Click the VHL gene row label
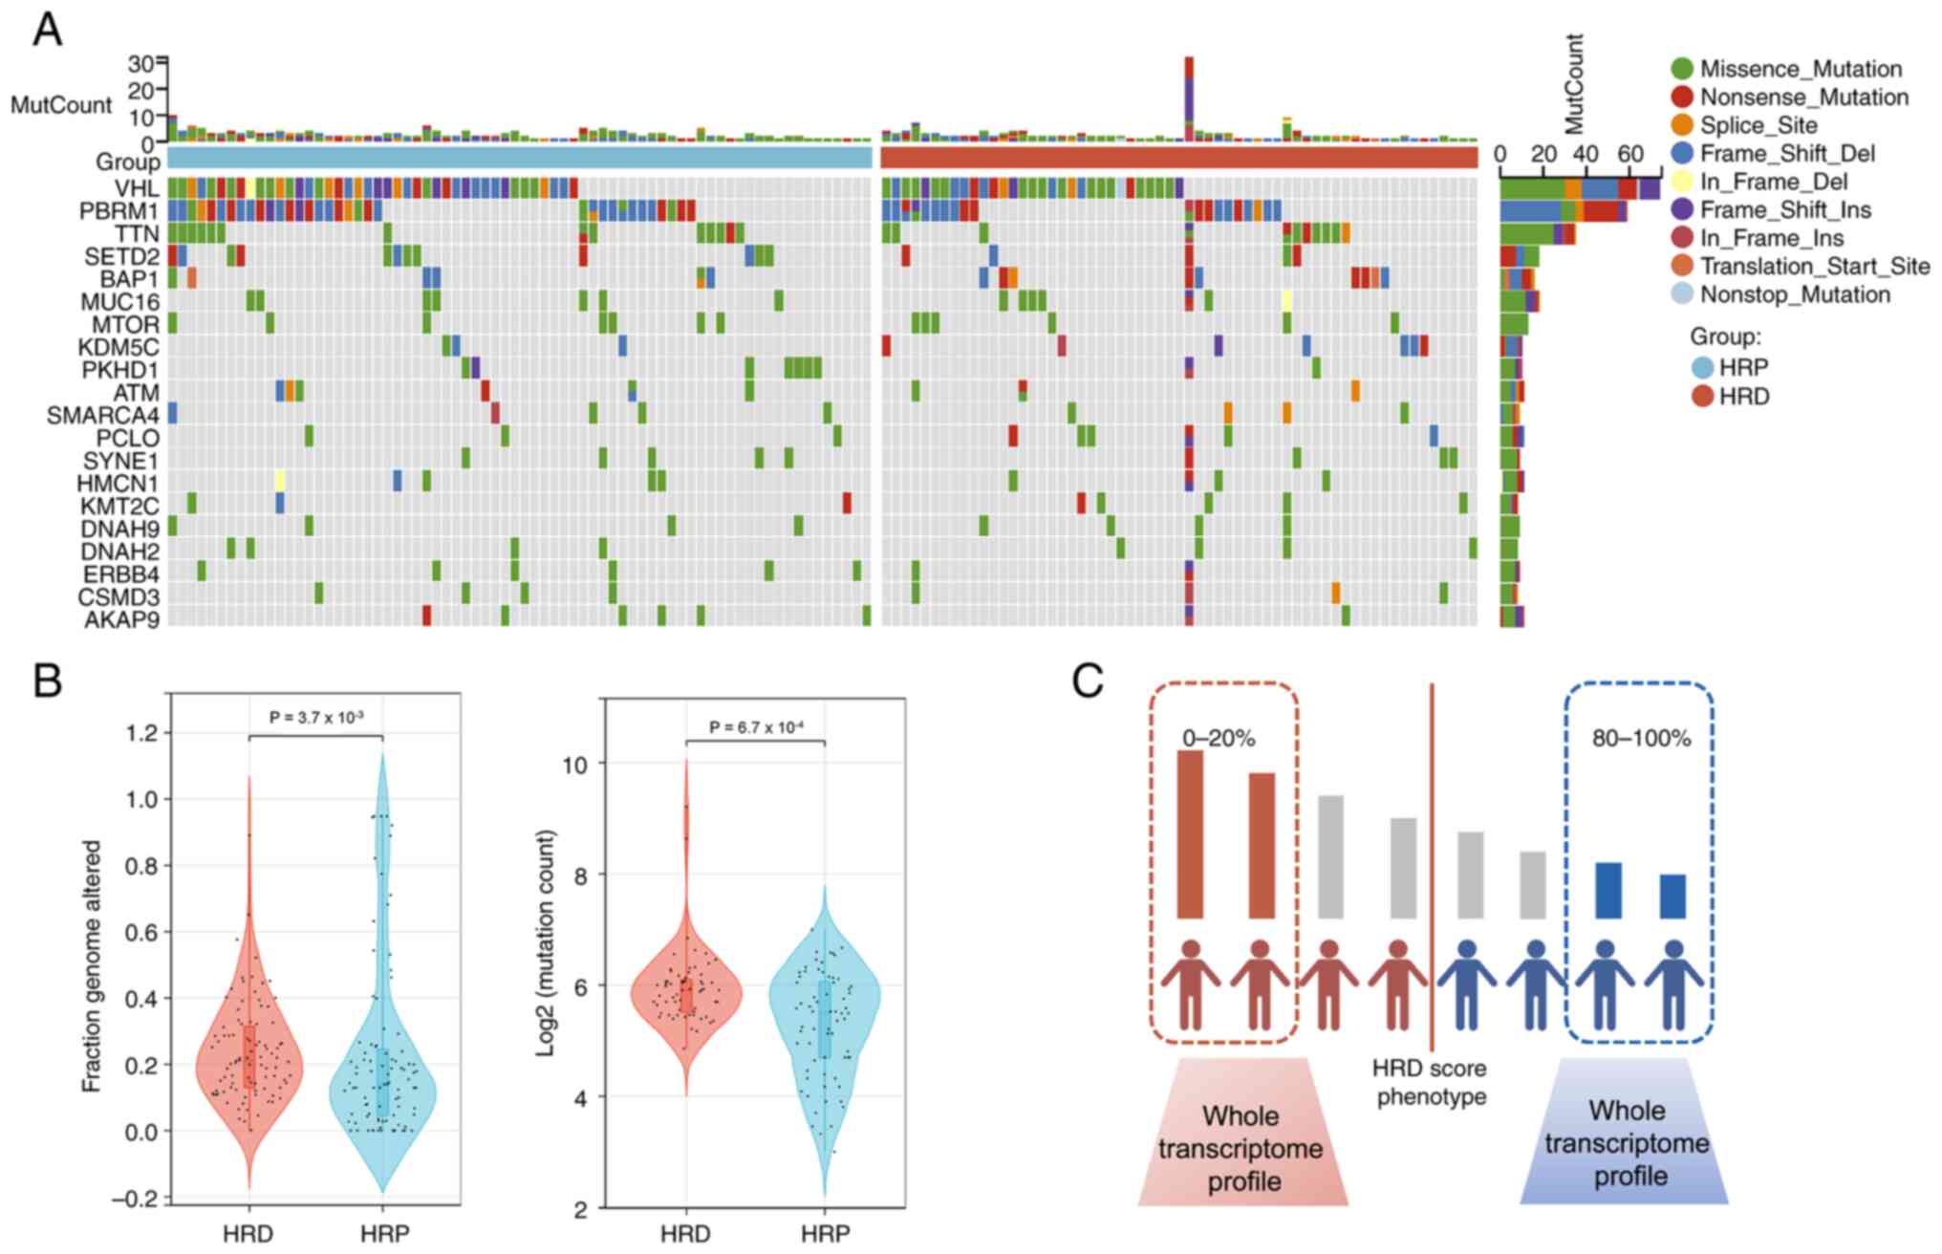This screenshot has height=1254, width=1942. (x=137, y=187)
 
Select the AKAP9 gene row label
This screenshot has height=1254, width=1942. (x=121, y=619)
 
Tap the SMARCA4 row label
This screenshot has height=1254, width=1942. (x=103, y=416)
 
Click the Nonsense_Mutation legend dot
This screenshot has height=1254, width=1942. (x=1682, y=97)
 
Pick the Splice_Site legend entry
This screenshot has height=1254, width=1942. (x=1759, y=125)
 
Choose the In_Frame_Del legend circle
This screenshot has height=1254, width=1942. (x=1682, y=182)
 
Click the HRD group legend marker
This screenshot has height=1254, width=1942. (x=1702, y=396)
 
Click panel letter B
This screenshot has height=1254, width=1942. (x=47, y=681)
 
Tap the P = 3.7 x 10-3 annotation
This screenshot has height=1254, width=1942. (x=316, y=717)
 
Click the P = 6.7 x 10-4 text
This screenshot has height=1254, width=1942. (x=756, y=727)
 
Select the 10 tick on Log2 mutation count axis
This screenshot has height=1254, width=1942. (x=571, y=764)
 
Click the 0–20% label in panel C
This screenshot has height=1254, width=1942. (x=1219, y=738)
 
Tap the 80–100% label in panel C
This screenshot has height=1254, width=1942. (x=1641, y=738)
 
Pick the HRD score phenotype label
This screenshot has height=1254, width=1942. (x=1430, y=1082)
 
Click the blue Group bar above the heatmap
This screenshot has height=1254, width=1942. (x=520, y=157)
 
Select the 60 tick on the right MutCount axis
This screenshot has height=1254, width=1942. (x=1629, y=155)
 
